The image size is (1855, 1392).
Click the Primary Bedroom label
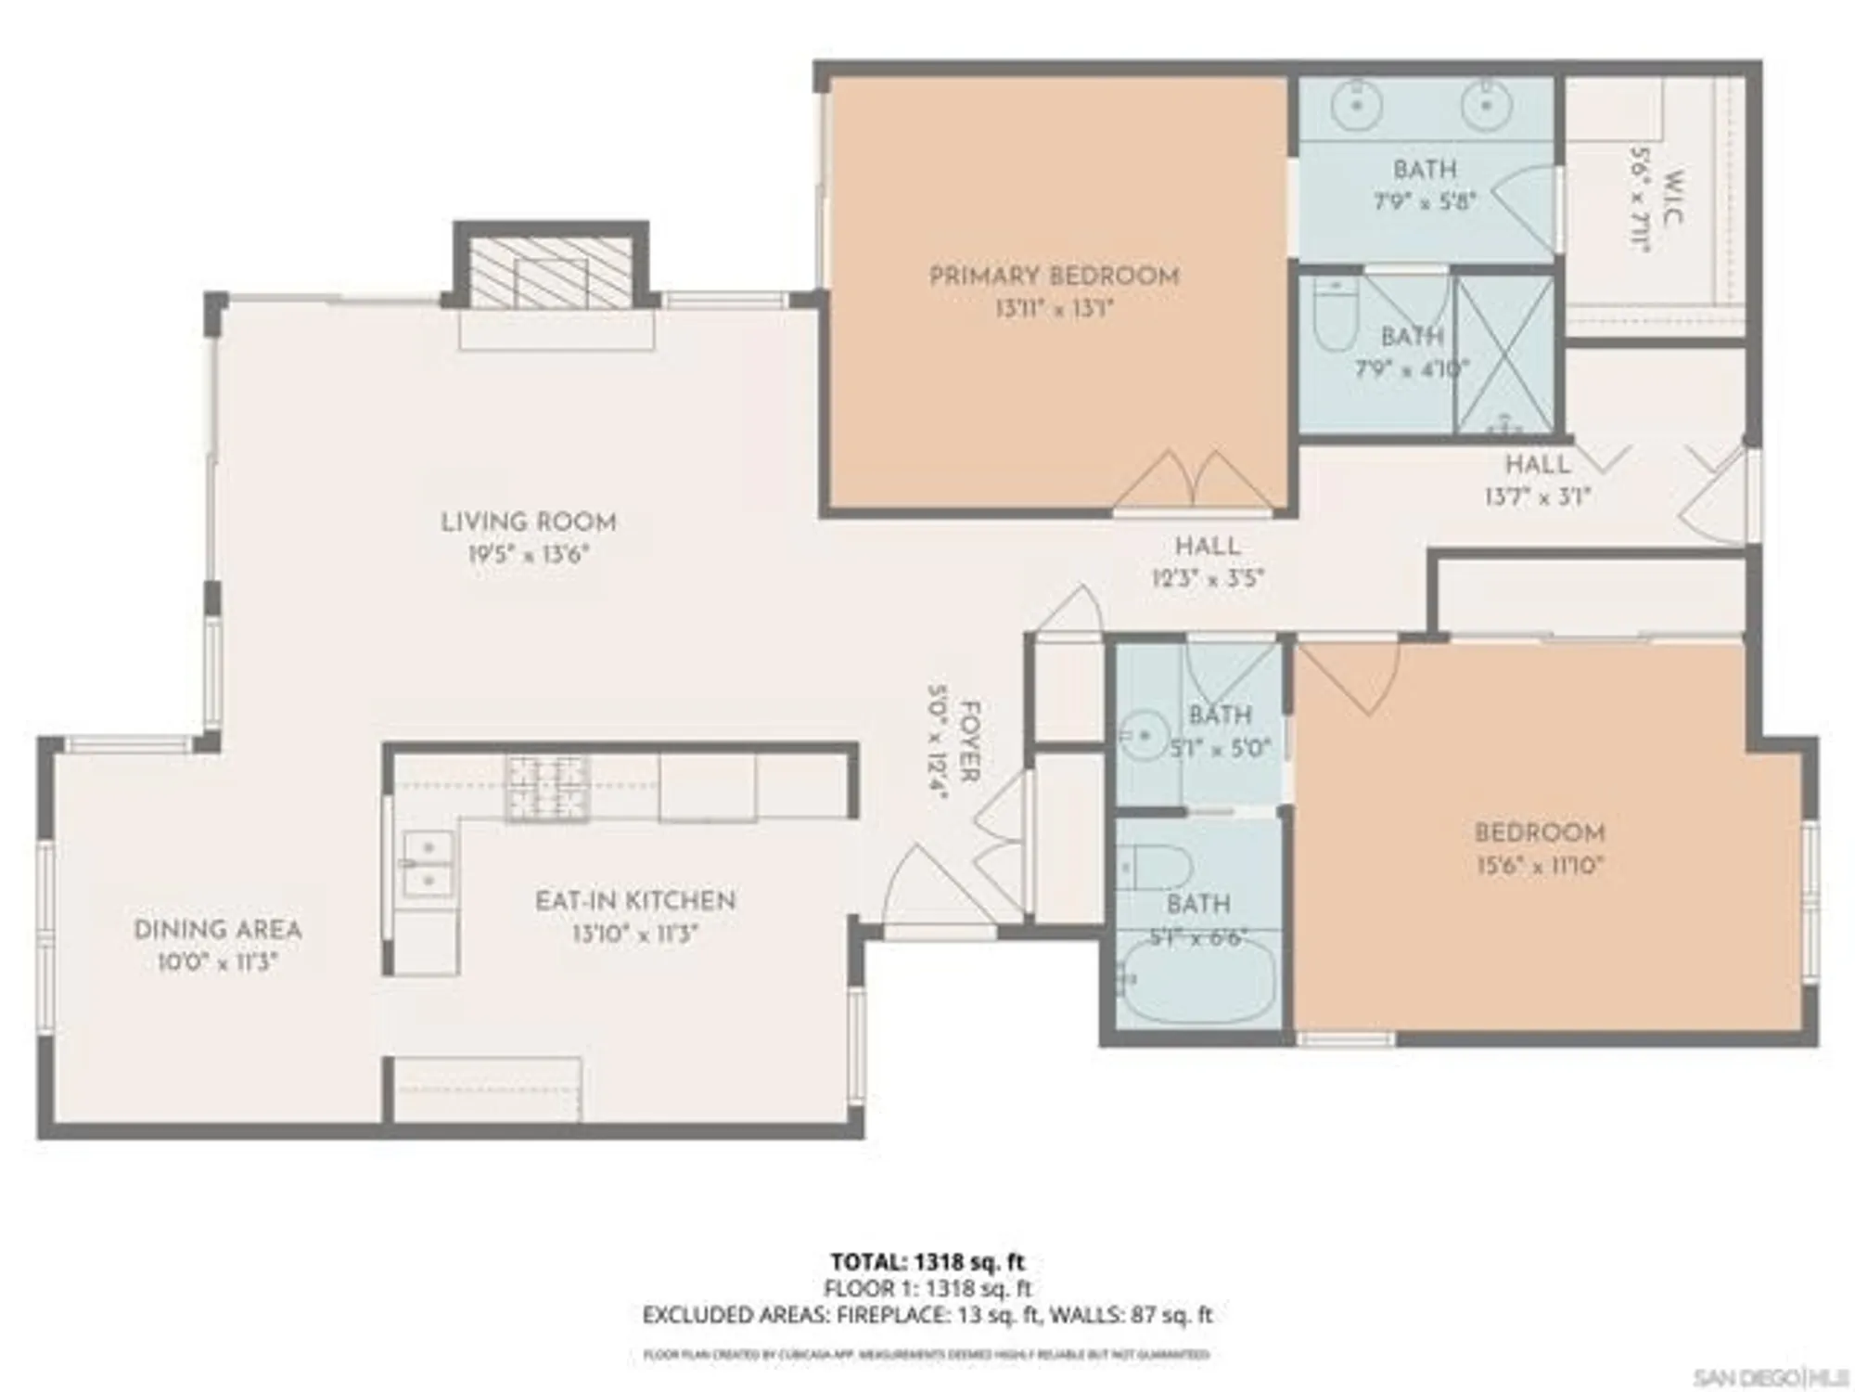tap(1054, 277)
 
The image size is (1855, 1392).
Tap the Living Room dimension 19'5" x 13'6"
tap(529, 555)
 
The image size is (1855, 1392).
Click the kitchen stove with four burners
tap(547, 788)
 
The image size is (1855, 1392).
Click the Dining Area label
tap(217, 930)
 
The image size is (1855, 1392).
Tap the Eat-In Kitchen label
tap(635, 901)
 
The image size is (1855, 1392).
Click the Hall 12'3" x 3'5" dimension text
tap(1208, 579)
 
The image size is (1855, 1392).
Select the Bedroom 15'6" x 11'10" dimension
tap(1540, 866)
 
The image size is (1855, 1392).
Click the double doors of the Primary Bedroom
tap(1193, 483)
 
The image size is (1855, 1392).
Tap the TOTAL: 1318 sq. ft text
tap(927, 1262)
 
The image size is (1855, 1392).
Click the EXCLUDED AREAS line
tap(927, 1315)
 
